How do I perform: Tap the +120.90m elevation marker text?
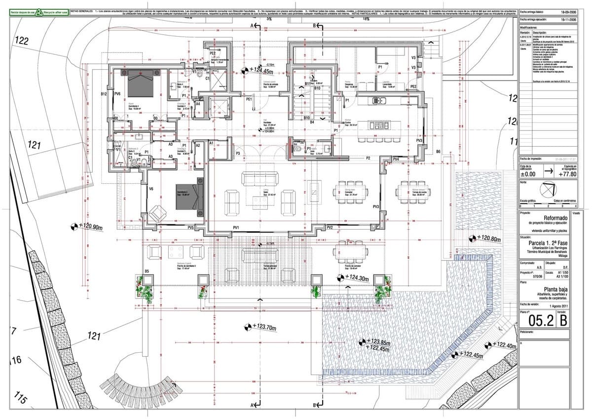tap(90, 227)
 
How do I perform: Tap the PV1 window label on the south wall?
tap(236, 227)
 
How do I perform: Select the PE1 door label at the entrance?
tap(249, 99)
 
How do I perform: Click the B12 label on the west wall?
tap(104, 93)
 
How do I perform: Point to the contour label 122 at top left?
tap(21, 42)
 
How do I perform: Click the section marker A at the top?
tap(252, 25)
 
